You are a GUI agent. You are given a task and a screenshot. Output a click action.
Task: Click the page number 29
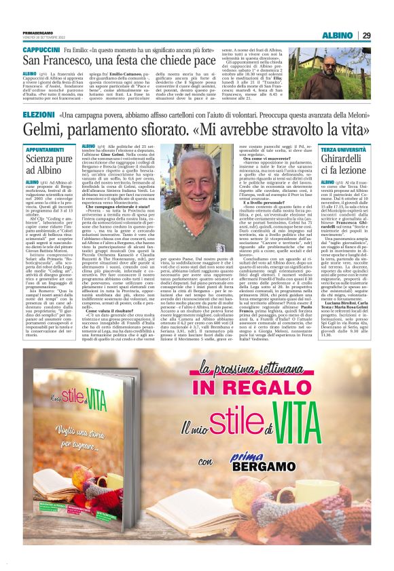tap(367, 35)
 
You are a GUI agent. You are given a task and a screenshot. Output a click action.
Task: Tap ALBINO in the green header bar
tap(336, 35)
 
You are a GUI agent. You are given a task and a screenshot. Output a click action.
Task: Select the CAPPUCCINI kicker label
tap(41, 50)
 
